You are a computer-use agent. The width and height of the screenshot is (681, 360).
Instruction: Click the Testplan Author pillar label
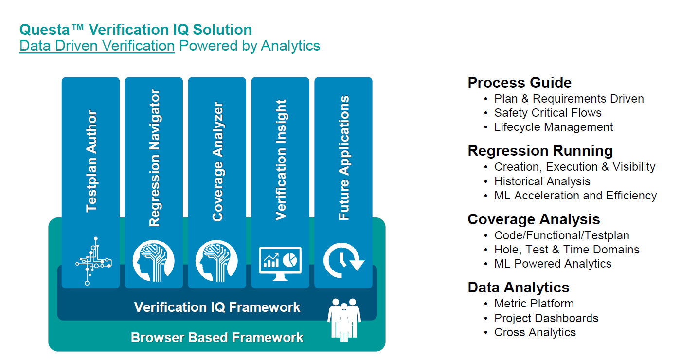[91, 161]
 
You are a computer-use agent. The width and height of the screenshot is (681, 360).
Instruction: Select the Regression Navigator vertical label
[154, 158]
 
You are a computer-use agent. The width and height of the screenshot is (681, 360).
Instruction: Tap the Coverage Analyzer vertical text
[217, 162]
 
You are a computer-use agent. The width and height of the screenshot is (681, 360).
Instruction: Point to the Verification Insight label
[281, 160]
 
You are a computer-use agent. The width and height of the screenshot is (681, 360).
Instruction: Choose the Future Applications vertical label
[344, 158]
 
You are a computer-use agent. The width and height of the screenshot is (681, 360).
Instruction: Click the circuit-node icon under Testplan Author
[92, 261]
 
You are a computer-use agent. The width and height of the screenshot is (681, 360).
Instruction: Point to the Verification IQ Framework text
[217, 307]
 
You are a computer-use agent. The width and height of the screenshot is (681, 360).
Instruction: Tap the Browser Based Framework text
[217, 337]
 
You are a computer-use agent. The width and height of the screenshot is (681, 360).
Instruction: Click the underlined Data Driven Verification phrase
[97, 46]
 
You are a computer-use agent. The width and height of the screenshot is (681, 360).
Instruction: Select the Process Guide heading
[520, 82]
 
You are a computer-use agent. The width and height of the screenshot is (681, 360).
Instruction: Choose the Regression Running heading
[540, 150]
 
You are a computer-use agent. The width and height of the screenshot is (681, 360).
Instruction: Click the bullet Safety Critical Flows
[548, 113]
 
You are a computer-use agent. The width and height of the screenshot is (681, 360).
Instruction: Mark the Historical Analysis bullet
[542, 181]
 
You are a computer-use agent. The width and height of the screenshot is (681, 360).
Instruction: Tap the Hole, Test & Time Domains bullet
[567, 250]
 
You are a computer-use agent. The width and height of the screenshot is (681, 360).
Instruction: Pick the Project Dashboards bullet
[546, 318]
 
